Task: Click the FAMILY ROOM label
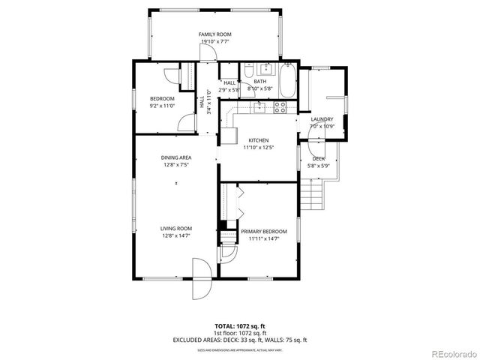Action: click(x=214, y=34)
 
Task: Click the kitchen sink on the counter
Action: click(x=259, y=107)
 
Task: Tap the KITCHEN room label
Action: click(x=259, y=140)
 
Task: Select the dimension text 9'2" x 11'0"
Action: click(x=162, y=106)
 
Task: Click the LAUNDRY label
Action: click(x=322, y=119)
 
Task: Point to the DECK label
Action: click(x=319, y=158)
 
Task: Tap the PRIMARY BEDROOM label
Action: click(x=259, y=232)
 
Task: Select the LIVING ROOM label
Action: click(x=175, y=229)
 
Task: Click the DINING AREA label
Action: click(x=175, y=157)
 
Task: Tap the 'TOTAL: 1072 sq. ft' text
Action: click(x=239, y=326)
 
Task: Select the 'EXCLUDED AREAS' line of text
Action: click(x=239, y=340)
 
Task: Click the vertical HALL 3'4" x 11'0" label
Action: click(x=202, y=101)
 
